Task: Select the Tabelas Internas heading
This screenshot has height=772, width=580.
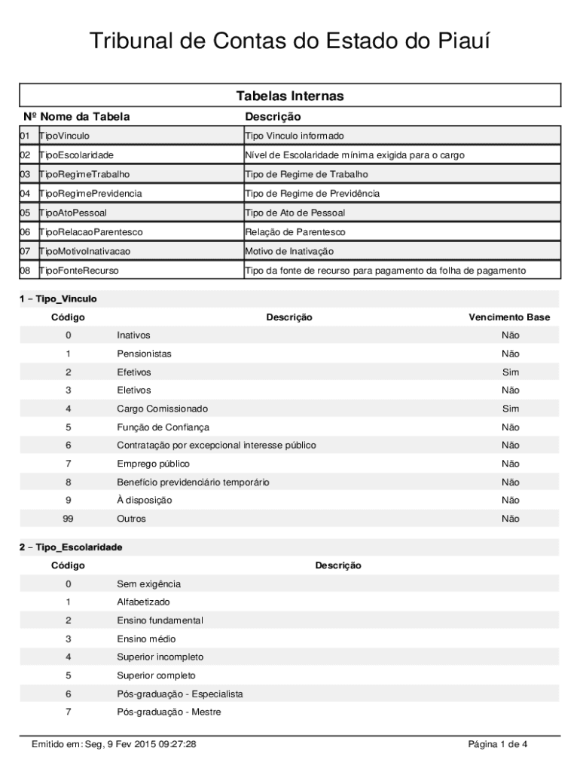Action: [x=290, y=96]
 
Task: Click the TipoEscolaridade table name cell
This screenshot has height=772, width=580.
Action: [x=76, y=155]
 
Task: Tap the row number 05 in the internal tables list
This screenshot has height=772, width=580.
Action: [x=25, y=213]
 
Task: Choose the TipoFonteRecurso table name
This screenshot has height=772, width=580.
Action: [x=79, y=271]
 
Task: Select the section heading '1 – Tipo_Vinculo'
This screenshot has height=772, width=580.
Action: [x=58, y=299]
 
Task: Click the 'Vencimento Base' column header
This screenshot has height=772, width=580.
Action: [x=509, y=317]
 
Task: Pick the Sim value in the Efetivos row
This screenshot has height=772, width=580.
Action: [x=511, y=372]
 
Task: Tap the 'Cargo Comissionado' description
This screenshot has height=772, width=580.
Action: [x=162, y=409]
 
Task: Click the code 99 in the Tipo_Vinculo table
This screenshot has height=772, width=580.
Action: [x=68, y=519]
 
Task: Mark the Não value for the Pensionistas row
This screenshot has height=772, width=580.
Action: [x=511, y=354]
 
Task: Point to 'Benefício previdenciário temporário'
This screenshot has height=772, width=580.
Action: [x=193, y=482]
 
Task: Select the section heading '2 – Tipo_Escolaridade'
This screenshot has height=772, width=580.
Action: [x=71, y=547]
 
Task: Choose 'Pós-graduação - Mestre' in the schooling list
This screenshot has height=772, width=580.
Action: [x=169, y=712]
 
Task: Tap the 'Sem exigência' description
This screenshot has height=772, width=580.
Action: [x=148, y=584]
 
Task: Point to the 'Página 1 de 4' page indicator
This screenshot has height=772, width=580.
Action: [x=498, y=745]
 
